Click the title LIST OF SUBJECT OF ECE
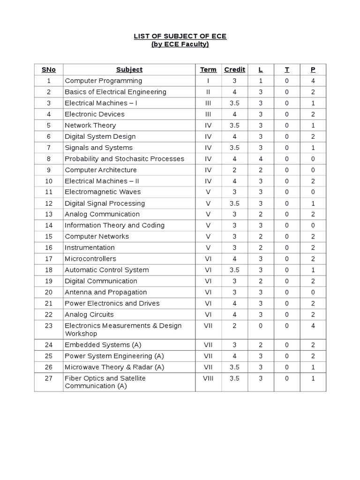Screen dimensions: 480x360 tap(180, 36)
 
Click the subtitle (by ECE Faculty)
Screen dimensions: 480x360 tap(180, 45)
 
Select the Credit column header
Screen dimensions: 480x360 tap(234, 69)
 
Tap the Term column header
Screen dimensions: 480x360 tap(208, 69)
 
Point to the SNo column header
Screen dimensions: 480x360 tap(48, 69)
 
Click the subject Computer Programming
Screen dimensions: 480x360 tap(103, 81)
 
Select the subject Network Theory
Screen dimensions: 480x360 tap(90, 125)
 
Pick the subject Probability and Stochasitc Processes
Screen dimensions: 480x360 tap(124, 158)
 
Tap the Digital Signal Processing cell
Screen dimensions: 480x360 tap(105, 203)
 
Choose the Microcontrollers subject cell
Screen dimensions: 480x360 tap(90, 259)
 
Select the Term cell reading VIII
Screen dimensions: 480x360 tap(208, 378)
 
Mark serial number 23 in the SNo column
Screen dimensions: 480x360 tap(48, 325)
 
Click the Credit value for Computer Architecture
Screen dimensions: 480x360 tap(234, 170)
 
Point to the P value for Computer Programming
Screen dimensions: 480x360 tap(313, 81)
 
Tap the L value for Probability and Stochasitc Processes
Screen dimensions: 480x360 tap(261, 158)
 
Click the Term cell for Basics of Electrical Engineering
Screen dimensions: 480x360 tap(208, 92)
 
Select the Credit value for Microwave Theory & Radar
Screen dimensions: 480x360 tap(234, 367)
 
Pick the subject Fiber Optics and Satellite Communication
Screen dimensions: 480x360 tap(105, 382)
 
